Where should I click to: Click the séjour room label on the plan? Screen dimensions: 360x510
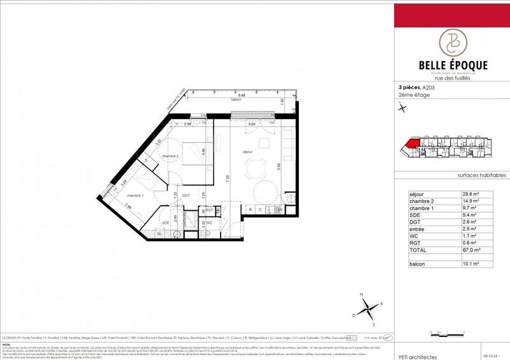239,151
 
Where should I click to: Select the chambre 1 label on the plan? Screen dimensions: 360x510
135,196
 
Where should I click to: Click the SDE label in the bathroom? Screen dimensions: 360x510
166,222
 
